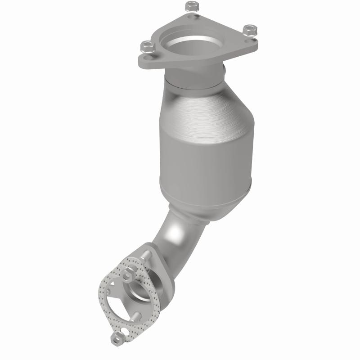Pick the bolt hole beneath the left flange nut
[x=148, y=56]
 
